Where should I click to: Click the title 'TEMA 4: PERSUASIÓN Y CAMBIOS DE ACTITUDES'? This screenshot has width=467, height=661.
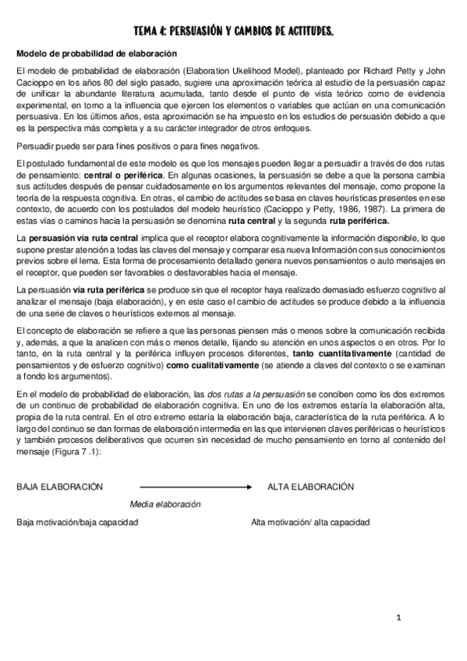tap(233, 31)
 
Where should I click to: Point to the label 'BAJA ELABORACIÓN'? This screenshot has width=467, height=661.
tap(60, 487)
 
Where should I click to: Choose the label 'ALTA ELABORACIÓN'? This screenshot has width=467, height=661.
tap(310, 487)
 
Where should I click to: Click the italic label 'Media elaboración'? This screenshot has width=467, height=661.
tap(165, 504)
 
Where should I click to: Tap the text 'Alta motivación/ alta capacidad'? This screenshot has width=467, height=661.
tap(310, 522)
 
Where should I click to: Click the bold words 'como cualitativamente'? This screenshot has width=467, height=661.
tap(211, 366)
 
